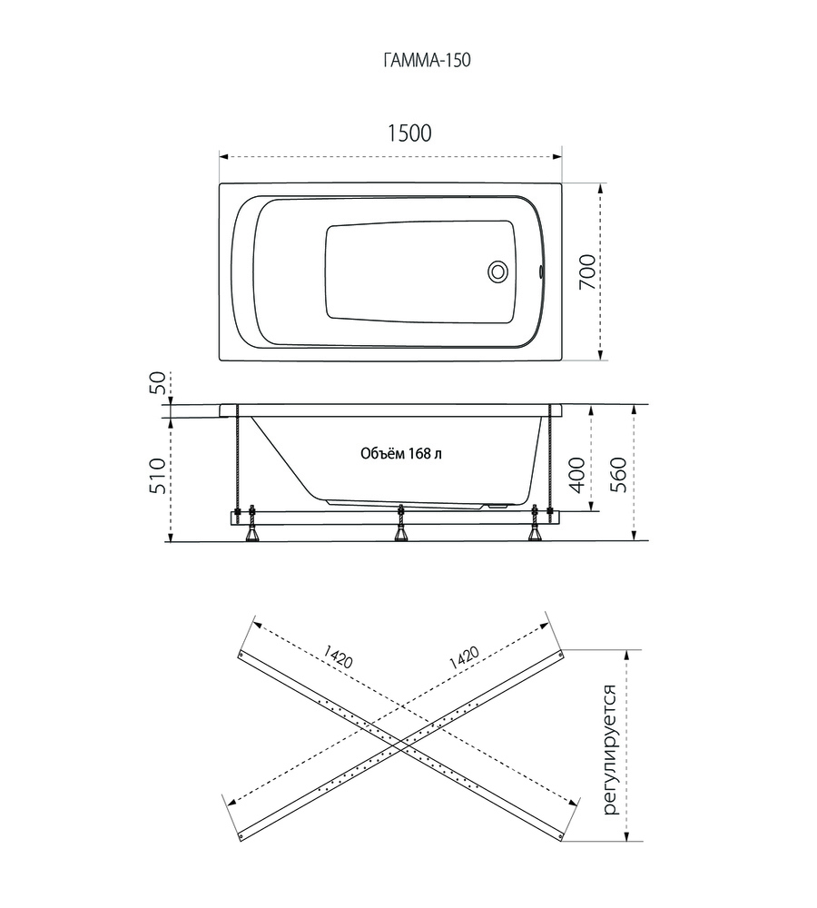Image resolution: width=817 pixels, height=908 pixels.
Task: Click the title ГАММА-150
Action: point(427,60)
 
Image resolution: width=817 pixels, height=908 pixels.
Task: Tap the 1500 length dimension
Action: point(409,133)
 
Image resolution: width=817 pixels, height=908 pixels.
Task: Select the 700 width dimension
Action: point(587,272)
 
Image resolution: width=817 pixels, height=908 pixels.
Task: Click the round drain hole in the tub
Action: point(498,271)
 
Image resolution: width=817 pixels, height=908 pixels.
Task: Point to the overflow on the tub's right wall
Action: point(540,271)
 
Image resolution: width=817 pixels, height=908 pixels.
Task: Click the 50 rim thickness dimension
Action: point(158,383)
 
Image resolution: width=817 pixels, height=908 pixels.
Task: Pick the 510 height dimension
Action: point(157,476)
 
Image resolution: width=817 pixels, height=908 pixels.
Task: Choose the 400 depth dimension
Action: point(577,475)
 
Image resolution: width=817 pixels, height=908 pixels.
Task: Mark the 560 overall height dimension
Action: point(618,475)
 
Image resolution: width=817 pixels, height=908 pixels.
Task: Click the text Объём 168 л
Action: point(401,453)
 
